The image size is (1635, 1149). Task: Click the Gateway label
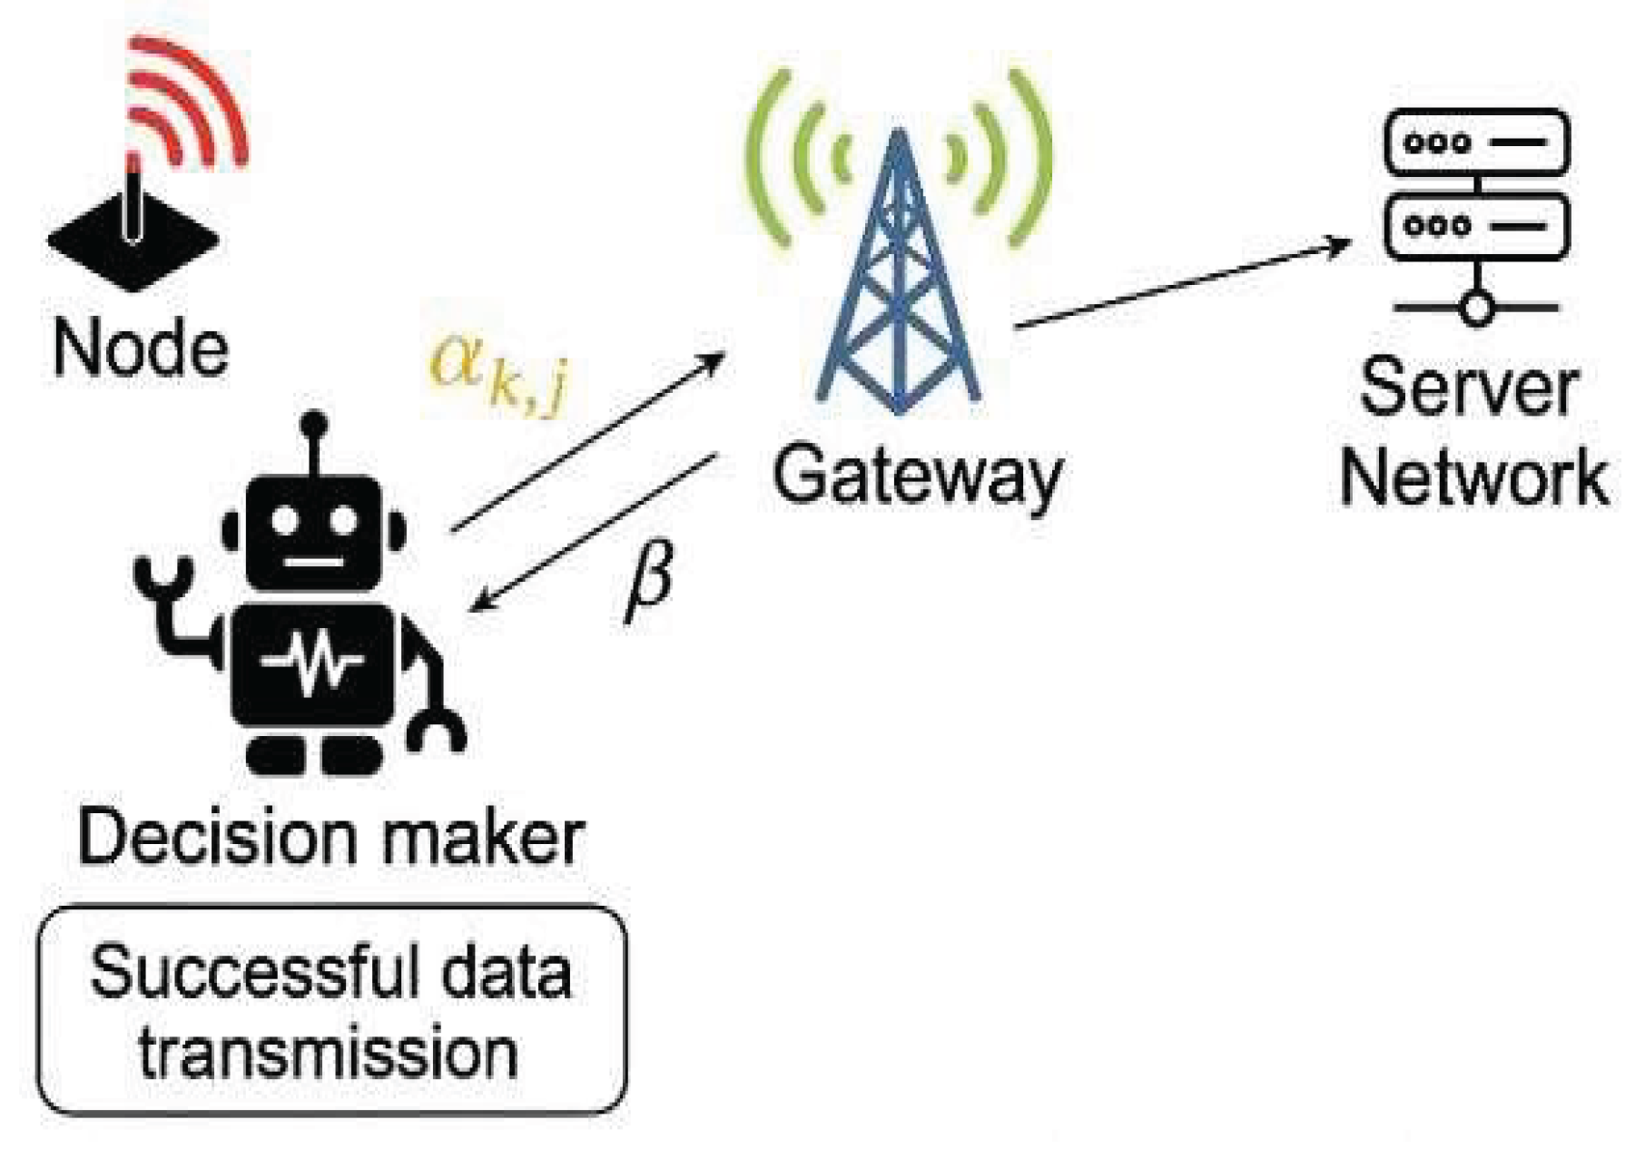(x=917, y=476)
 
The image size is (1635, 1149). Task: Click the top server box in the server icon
(x=1476, y=142)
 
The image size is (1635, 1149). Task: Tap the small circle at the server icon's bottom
(x=1477, y=309)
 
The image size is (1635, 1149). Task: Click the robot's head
(x=314, y=531)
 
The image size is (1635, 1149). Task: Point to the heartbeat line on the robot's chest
(x=313, y=663)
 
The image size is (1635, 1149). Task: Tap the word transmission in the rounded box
(x=329, y=1053)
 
